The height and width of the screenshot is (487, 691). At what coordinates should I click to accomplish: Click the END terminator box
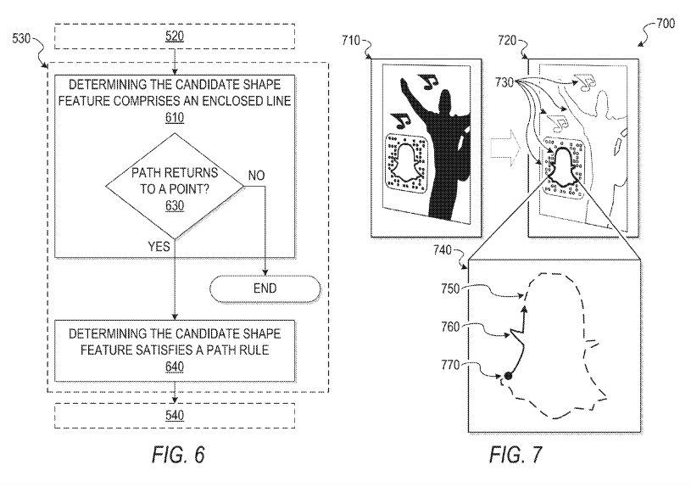click(265, 288)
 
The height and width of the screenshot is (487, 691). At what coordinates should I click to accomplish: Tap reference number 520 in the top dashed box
click(175, 36)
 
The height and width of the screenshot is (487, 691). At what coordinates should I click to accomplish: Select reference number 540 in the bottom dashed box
click(175, 415)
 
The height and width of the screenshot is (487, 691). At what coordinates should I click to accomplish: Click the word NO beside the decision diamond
click(257, 176)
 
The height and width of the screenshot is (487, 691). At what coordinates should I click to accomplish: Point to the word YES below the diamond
click(159, 246)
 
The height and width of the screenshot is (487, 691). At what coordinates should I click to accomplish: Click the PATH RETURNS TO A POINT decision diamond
click(175, 186)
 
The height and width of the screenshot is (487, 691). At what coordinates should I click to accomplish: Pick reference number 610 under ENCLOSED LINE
click(175, 118)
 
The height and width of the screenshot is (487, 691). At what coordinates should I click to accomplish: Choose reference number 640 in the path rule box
click(175, 367)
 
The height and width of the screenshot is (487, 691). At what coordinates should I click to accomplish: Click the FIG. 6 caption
click(179, 455)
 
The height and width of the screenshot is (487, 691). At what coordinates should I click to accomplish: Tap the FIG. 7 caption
click(515, 455)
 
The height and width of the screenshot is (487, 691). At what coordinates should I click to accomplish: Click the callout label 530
click(21, 39)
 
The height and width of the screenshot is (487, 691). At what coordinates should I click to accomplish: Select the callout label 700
click(666, 23)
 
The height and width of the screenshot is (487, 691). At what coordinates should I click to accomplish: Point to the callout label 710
click(351, 41)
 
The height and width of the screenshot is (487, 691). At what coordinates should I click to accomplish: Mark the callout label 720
click(507, 41)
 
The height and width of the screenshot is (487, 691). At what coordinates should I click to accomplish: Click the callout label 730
click(504, 82)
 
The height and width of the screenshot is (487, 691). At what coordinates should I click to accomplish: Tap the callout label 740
click(442, 250)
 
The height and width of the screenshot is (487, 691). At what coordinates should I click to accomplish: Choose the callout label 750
click(450, 288)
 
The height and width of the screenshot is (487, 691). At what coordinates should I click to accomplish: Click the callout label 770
click(450, 365)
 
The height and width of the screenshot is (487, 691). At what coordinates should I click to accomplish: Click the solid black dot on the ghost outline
click(508, 376)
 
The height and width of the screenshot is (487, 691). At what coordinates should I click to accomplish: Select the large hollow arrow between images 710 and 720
click(504, 148)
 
